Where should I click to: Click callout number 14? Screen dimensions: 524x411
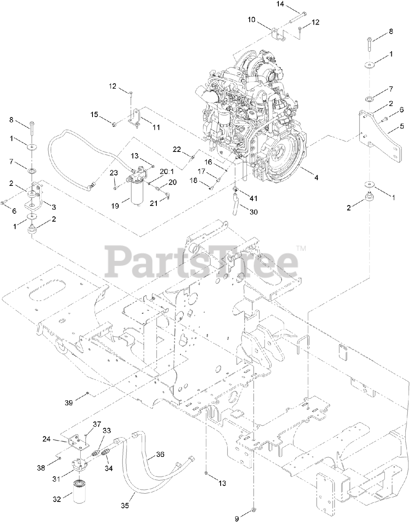pyautogui.click(x=280, y=5)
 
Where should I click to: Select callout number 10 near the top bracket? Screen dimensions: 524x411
pyautogui.click(x=251, y=19)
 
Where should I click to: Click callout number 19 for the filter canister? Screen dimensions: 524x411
pyautogui.click(x=115, y=206)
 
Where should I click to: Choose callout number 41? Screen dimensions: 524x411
pyautogui.click(x=253, y=198)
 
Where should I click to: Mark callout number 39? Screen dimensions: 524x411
pyautogui.click(x=68, y=403)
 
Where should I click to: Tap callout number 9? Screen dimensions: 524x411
pyautogui.click(x=237, y=519)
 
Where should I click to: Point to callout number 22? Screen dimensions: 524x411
pyautogui.click(x=176, y=150)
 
